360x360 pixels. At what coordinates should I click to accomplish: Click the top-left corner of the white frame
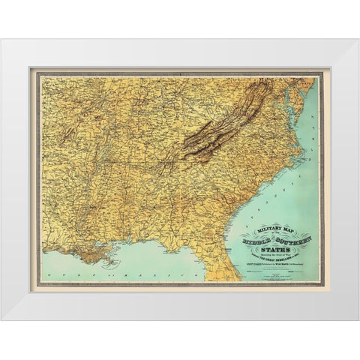2,40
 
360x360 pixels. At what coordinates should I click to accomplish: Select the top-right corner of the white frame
357,40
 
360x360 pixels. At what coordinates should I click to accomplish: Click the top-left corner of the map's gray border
37,73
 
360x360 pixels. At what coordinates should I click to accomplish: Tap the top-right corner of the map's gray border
322,73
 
